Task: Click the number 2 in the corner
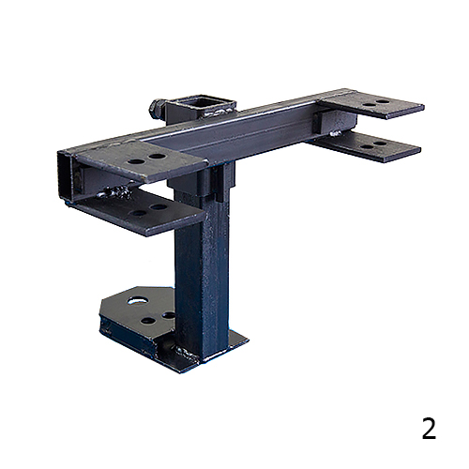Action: coord(429,429)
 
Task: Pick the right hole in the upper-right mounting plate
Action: coord(382,102)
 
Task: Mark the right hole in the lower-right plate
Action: coord(380,144)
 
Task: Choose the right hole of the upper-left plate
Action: coord(157,156)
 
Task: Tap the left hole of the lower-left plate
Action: coord(138,213)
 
